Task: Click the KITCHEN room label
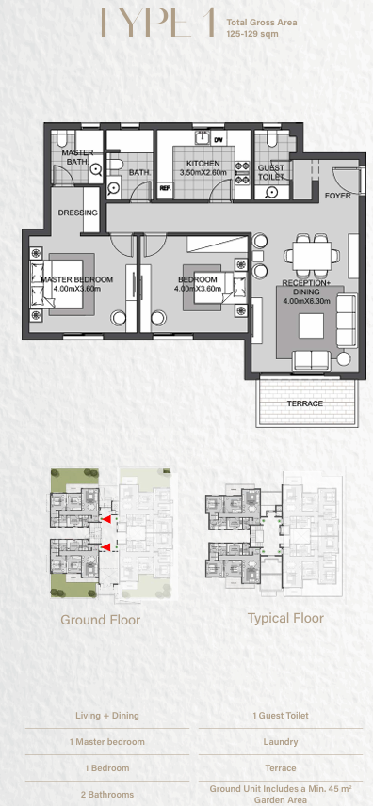(203, 164)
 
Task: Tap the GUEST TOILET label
(270, 172)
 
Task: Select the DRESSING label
(77, 213)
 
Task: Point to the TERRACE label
(305, 403)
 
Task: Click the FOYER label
(338, 196)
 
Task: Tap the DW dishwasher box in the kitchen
(219, 139)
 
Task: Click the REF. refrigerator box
(165, 189)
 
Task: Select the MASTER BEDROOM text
(76, 279)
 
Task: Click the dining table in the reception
(311, 255)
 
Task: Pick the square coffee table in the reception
(311, 326)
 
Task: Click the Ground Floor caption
(101, 620)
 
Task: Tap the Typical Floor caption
(285, 618)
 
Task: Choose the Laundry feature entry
(281, 742)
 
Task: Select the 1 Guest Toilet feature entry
(281, 715)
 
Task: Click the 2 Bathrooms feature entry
(107, 794)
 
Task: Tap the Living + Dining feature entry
(107, 715)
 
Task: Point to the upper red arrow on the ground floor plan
(105, 520)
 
